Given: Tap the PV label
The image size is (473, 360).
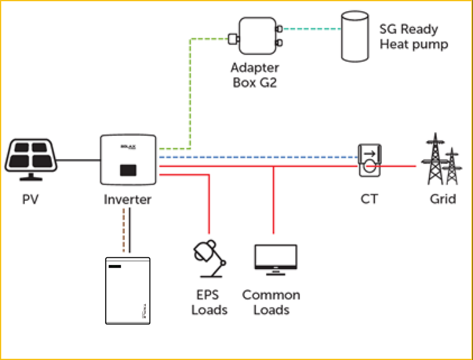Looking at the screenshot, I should click(31, 200).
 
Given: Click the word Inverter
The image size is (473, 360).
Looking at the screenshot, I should click(128, 200).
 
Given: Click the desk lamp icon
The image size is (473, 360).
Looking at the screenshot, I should click(208, 259).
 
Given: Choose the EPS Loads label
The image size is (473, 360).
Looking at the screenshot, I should click(210, 302).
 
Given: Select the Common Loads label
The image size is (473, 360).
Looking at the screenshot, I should click(271, 302).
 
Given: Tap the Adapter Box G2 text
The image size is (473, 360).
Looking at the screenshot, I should click(255, 76).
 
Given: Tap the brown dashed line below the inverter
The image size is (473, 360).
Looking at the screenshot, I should click(123, 229).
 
